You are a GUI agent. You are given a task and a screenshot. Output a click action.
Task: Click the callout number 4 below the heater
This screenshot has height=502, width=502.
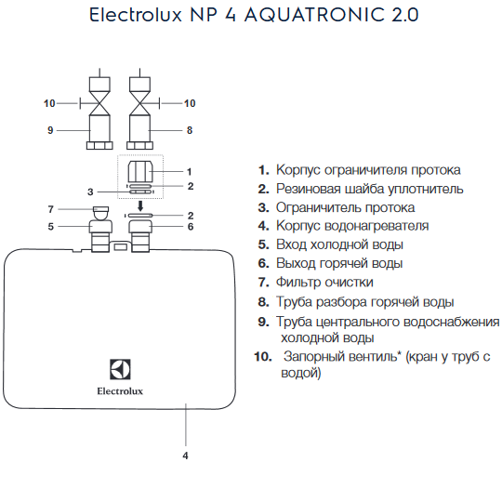point(185,456)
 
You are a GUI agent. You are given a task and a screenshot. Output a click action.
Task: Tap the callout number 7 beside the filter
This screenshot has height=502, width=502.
point(50,209)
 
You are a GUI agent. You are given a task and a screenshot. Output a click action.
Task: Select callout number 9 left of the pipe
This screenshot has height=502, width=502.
point(50,130)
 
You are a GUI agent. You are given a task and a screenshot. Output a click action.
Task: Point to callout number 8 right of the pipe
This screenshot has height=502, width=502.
point(190,130)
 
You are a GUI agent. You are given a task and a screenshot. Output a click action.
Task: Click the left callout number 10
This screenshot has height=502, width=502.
point(49,103)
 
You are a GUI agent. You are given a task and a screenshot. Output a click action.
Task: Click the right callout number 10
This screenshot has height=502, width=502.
point(190,103)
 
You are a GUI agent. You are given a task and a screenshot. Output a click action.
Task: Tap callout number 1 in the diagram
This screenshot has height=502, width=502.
point(190,172)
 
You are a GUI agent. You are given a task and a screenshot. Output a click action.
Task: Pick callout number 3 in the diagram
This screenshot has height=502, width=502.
point(90,192)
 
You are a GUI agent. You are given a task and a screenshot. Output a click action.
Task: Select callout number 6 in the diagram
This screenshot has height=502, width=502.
point(191,227)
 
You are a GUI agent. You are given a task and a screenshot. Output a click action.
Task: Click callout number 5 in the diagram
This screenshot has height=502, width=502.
point(50,227)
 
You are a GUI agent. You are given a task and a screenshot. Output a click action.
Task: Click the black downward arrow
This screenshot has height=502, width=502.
point(140,206)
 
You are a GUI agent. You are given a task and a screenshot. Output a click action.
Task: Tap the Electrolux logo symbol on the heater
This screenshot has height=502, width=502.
point(120,369)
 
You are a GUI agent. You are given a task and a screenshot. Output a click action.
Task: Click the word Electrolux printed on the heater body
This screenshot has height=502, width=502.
point(120,391)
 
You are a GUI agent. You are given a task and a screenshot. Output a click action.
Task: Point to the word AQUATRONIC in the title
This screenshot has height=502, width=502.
point(314,15)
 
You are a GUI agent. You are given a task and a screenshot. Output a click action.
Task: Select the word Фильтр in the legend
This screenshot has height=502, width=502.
point(298,282)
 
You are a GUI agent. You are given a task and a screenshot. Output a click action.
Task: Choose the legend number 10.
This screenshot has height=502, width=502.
point(263,356)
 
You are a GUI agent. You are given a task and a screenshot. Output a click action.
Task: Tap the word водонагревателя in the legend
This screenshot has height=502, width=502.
point(376,226)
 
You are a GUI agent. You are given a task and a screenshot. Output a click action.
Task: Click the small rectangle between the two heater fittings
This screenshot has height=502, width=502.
point(120,247)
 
